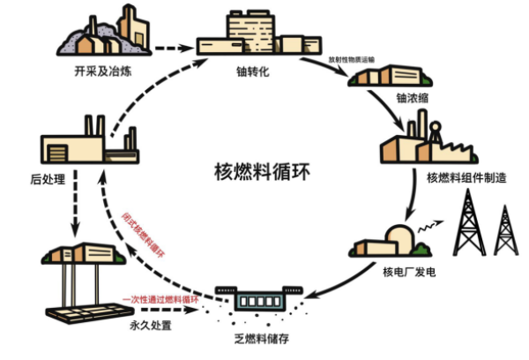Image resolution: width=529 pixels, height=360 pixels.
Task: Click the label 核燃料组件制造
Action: [x=466, y=177]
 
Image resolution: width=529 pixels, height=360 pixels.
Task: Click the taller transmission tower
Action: [x=465, y=221]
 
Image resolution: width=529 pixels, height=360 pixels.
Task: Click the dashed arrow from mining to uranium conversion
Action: [x=168, y=49]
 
